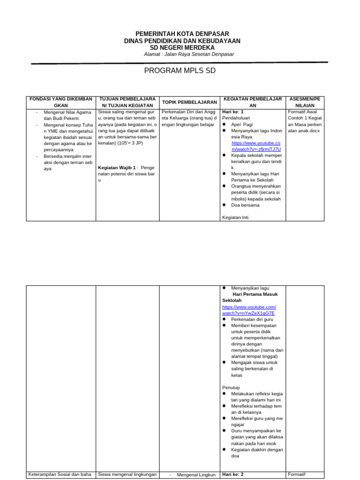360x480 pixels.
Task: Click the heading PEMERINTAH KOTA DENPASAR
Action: (x=182, y=34)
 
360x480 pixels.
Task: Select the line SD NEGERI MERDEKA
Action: (x=182, y=47)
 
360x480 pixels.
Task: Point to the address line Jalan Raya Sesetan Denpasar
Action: (x=189, y=54)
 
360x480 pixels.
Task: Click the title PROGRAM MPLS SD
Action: (x=180, y=71)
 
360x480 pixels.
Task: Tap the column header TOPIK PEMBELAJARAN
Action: (x=189, y=102)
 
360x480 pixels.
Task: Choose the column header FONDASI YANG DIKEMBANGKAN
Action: (x=61, y=103)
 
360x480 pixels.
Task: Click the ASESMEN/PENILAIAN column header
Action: (x=305, y=103)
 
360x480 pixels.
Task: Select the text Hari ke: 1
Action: (x=233, y=112)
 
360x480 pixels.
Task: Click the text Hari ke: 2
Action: (x=233, y=474)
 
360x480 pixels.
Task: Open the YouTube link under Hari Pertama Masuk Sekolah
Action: (x=248, y=310)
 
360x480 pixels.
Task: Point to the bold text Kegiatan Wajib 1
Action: (x=117, y=167)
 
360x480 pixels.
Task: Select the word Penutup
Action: (x=231, y=387)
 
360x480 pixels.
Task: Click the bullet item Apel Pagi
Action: (x=242, y=125)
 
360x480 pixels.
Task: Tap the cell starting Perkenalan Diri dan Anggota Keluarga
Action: (x=189, y=118)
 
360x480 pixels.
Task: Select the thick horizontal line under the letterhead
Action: (x=180, y=63)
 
